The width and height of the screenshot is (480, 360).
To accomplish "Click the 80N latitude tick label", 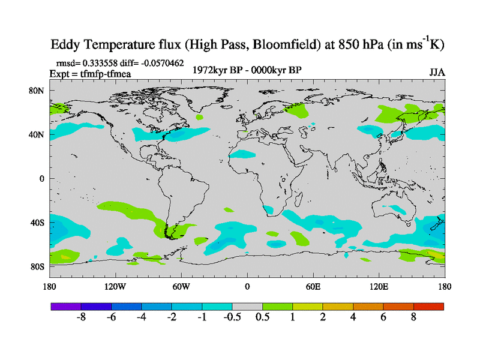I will [38, 91].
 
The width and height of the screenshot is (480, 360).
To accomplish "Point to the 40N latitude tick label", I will [38, 134].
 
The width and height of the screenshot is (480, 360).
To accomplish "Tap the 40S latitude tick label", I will [38, 223].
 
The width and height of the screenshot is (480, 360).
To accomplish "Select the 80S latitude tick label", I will [38, 266].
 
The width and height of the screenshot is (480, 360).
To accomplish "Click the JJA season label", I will [437, 72].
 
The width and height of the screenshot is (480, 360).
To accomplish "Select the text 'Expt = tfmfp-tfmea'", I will [90, 74].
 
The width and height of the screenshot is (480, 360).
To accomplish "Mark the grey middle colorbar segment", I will [247, 306].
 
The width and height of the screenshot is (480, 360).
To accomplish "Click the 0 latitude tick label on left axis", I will [42, 179].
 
